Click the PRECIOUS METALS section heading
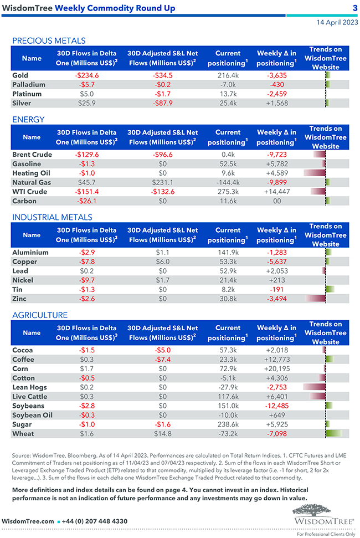pyautogui.click(x=49, y=40)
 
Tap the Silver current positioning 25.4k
pyautogui.click(x=228, y=103)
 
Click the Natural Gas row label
pyautogui.click(x=32, y=182)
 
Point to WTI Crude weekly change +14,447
pyautogui.click(x=276, y=192)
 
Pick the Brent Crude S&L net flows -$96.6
pyautogui.click(x=162, y=155)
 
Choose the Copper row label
pyautogui.click(x=24, y=262)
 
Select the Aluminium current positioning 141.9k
pyautogui.click(x=228, y=252)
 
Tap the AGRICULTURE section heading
pyautogui.click(x=40, y=315)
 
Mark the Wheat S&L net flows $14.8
pyautogui.click(x=162, y=433)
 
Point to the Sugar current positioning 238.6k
pyautogui.click(x=228, y=424)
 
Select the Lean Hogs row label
pyautogui.click(x=29, y=387)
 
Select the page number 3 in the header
pyautogui.click(x=354, y=8)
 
